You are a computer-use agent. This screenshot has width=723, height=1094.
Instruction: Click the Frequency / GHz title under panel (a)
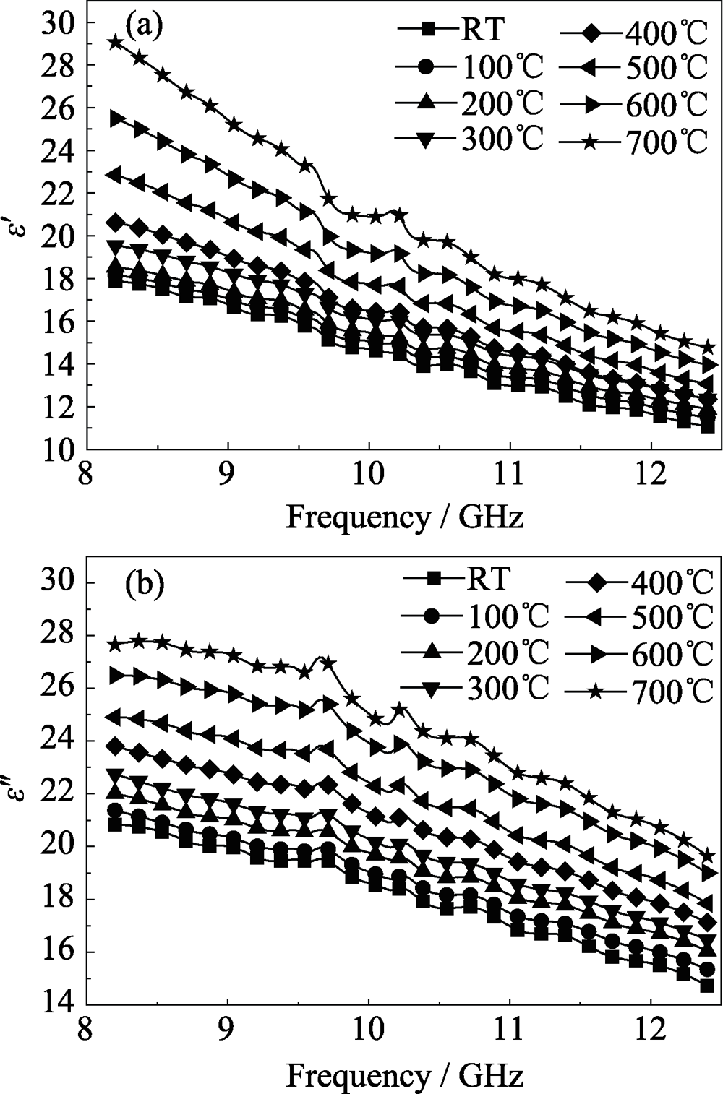(404, 518)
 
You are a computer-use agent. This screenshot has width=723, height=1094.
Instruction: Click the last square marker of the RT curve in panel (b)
(707, 985)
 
